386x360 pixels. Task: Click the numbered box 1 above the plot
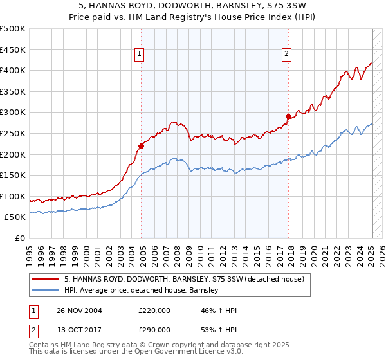click(139, 55)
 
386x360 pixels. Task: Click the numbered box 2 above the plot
click(286, 55)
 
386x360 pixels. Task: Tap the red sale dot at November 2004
click(142, 145)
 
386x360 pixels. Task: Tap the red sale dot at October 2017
click(288, 116)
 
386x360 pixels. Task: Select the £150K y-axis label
click(13, 175)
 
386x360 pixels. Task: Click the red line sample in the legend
click(46, 279)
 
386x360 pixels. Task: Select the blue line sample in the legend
click(46, 290)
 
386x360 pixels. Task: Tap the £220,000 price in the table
click(154, 310)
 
